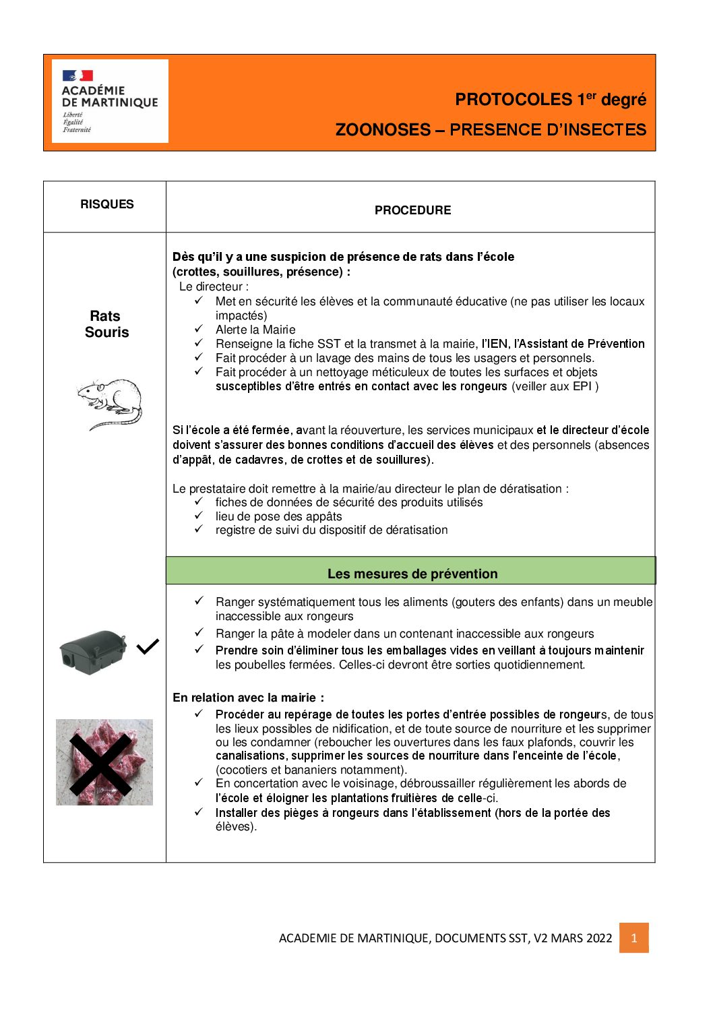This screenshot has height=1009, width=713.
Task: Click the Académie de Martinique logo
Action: [x=110, y=101]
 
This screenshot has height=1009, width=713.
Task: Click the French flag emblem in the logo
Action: [x=77, y=75]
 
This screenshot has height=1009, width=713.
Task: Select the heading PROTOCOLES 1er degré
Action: [x=550, y=100]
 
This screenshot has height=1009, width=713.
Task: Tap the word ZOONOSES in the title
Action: [x=383, y=130]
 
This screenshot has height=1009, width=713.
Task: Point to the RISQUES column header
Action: [x=106, y=204]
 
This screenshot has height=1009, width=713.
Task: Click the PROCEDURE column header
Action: [x=412, y=210]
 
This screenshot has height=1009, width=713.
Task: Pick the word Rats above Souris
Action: [x=105, y=316]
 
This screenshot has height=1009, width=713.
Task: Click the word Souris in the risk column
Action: [x=106, y=332]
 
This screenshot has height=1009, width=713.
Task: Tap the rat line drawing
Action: [x=110, y=403]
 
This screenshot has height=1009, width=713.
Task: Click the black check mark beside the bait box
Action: [x=148, y=647]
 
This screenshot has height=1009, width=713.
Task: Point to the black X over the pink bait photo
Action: [x=101, y=764]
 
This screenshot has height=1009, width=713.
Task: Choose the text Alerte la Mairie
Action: [x=255, y=330]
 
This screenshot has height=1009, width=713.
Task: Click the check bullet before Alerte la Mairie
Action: [x=199, y=329]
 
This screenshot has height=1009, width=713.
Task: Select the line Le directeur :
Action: [x=214, y=286]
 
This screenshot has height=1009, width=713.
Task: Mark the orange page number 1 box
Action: [x=633, y=938]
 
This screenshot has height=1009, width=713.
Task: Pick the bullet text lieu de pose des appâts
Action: [x=278, y=516]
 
